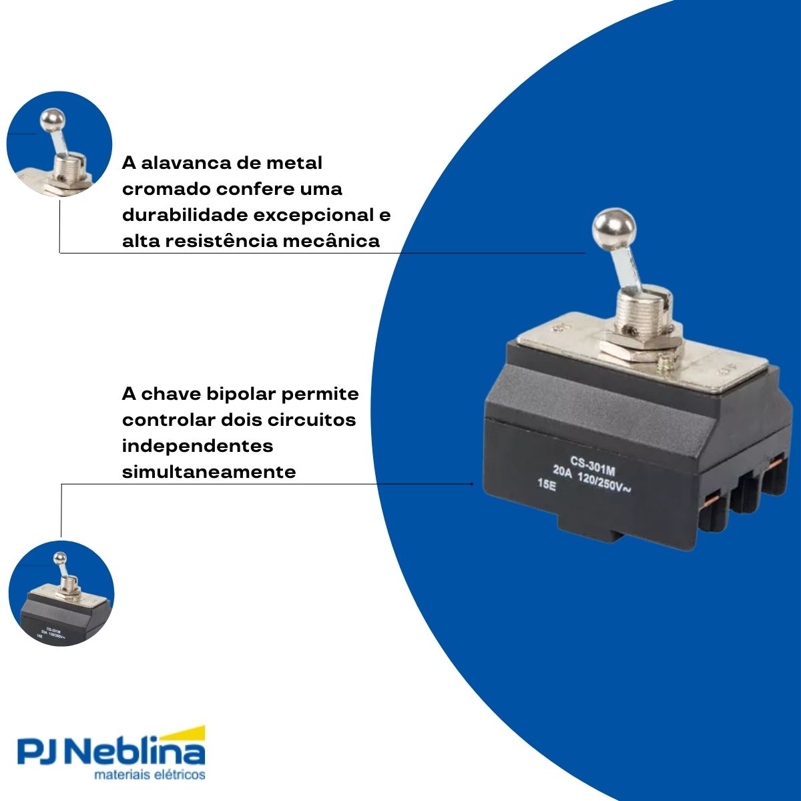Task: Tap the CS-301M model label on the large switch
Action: tap(592, 461)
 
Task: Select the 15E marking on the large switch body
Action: tap(546, 485)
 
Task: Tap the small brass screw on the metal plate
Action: tap(665, 364)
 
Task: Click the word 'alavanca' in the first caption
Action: tap(192, 163)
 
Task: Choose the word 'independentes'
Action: tap(198, 446)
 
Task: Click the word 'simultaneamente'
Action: tap(208, 472)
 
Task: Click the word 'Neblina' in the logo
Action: tap(138, 754)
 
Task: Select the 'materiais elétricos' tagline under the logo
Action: tap(150, 776)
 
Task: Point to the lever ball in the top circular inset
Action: tap(51, 120)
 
